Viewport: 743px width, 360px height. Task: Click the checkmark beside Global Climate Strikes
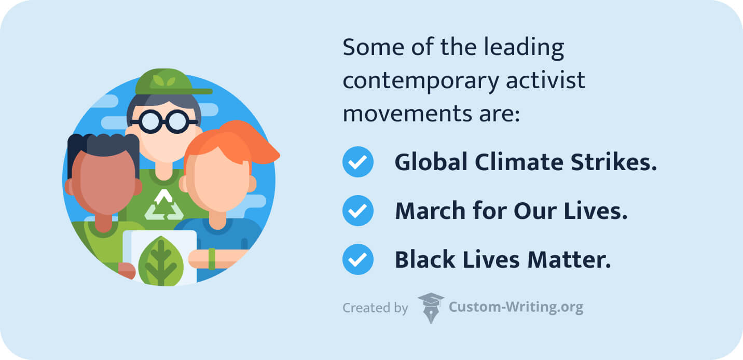tap(357, 162)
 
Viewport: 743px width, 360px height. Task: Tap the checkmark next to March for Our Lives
tap(357, 211)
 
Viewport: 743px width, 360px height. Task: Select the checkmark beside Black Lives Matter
tap(357, 259)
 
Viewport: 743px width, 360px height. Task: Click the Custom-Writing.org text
tap(515, 307)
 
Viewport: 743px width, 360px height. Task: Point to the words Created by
tap(375, 308)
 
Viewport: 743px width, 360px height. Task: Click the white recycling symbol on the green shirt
tap(164, 205)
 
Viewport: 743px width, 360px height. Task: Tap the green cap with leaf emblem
tap(166, 82)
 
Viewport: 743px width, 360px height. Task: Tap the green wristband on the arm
tap(212, 258)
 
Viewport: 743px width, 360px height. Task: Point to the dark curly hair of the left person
tap(101, 145)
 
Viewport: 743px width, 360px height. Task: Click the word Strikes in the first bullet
tap(618, 162)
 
